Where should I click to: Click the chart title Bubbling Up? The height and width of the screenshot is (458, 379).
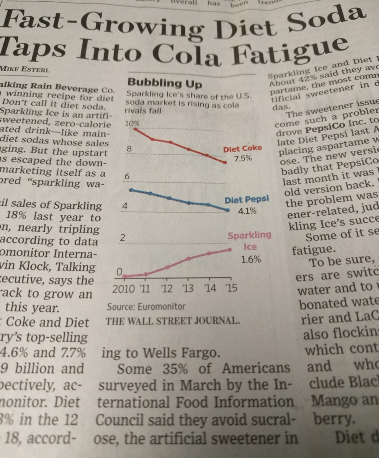pos(165,83)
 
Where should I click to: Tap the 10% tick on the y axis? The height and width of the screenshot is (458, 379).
pos(132,123)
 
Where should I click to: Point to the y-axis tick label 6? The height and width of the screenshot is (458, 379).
pos(127,177)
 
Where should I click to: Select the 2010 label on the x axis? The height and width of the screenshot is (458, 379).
pos(123,288)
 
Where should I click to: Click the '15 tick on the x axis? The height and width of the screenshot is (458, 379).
pos(231,288)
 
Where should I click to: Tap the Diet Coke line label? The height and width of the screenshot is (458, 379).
pos(243,148)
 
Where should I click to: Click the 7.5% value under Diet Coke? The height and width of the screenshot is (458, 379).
pos(243,159)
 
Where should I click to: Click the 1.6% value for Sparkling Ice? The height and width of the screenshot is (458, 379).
pos(251,259)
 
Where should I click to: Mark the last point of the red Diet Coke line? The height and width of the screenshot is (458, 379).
pos(225,162)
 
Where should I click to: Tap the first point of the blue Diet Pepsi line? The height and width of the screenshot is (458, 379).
pos(131,190)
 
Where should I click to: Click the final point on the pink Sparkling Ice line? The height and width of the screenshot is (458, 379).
pos(230,249)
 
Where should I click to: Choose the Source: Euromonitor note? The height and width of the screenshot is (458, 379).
pos(146,307)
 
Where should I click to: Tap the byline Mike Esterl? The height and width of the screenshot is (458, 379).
pos(25,70)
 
